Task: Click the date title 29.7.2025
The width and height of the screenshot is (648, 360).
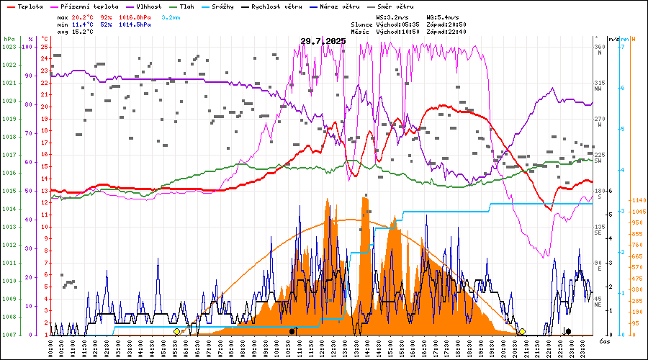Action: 323,41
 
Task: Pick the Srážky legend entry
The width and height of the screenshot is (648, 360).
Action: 253,6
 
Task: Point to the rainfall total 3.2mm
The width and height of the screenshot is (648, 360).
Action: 171,16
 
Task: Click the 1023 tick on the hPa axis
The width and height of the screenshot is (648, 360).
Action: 9,47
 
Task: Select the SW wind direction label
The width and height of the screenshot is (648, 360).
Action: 598,162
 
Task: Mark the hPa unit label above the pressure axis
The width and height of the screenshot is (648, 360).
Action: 9,38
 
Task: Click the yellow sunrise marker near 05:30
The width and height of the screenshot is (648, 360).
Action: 176,331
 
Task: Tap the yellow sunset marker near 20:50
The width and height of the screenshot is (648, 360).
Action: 522,331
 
